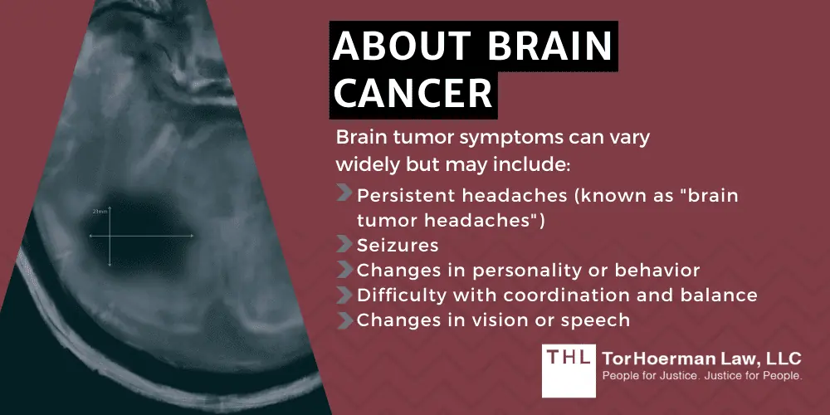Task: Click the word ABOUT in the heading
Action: [403, 46]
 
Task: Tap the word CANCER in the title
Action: [413, 94]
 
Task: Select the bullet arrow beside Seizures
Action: [344, 245]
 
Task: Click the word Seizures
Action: [397, 245]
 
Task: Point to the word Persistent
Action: [405, 196]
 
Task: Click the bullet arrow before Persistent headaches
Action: [344, 193]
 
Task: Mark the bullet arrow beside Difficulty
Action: [344, 295]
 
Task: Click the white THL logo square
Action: [569, 370]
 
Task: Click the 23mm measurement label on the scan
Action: [100, 211]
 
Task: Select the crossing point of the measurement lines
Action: [110, 236]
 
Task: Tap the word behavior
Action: [663, 271]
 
